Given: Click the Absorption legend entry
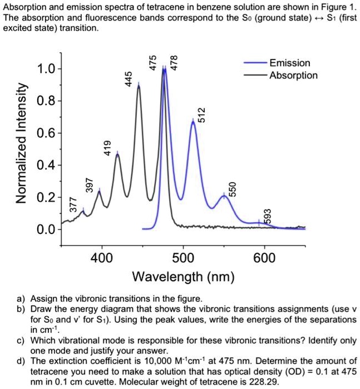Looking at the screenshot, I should point(293,76).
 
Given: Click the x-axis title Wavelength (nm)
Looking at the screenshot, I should point(183,276).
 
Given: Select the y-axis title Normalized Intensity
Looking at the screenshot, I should point(22,150).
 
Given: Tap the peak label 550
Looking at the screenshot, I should point(234,189).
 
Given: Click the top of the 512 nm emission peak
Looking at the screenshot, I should point(193,121).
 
